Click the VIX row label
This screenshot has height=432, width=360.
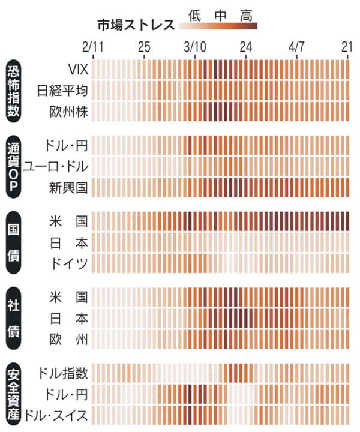tap(77, 70)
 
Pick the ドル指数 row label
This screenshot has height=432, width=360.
tap(62, 374)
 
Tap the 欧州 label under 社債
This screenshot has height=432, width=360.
tap(69, 339)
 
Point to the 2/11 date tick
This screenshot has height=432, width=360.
tap(93, 47)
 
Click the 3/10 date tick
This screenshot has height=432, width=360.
tap(195, 47)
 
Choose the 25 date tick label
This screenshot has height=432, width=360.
tap(144, 47)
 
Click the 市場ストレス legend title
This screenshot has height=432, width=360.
tap(136, 25)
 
